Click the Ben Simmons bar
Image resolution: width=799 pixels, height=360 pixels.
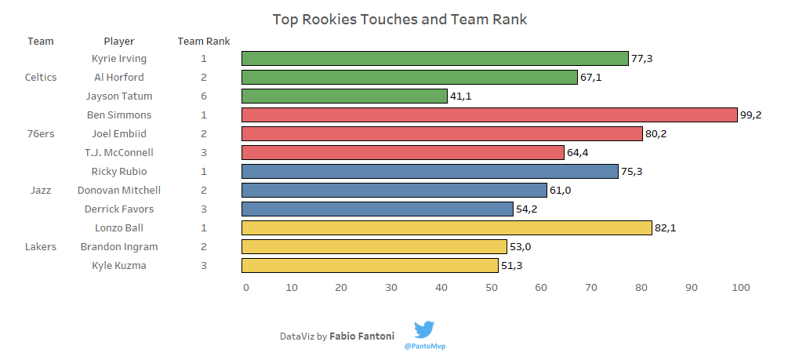click(489, 115)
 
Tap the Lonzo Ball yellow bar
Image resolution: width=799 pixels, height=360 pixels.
click(446, 228)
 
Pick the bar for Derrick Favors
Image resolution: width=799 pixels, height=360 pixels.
click(377, 209)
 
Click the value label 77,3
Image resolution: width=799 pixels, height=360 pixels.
click(641, 59)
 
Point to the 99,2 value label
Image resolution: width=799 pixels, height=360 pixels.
click(750, 115)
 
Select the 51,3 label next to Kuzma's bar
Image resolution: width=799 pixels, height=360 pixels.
click(511, 266)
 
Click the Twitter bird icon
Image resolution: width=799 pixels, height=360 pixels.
click(424, 329)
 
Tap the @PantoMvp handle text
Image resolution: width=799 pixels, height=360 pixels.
click(424, 345)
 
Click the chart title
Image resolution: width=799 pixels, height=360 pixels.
click(399, 19)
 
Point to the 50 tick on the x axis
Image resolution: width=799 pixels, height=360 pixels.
click(491, 288)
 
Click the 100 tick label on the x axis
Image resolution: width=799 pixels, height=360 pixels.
click(740, 288)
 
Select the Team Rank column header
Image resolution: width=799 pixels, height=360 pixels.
click(203, 42)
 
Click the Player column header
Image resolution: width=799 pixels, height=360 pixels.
click(119, 42)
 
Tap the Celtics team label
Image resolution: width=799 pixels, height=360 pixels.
click(41, 78)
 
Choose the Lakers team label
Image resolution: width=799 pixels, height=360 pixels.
click(41, 247)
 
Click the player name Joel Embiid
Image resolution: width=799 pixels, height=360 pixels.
click(119, 134)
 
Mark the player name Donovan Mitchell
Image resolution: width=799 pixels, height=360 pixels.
click(119, 191)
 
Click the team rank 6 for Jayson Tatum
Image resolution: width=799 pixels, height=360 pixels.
click(203, 96)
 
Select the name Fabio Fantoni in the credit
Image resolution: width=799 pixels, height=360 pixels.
click(362, 336)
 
